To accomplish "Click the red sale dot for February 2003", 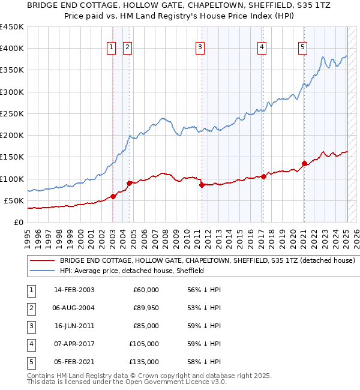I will coord(113,196).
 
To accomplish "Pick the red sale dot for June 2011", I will coord(202,185).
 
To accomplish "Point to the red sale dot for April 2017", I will coord(263,176).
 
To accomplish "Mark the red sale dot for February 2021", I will coord(304,163).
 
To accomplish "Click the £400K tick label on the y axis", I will coord(12,49).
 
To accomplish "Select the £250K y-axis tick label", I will coord(12,113).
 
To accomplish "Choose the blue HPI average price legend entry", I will coord(132,271).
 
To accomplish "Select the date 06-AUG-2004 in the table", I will coord(74,308).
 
